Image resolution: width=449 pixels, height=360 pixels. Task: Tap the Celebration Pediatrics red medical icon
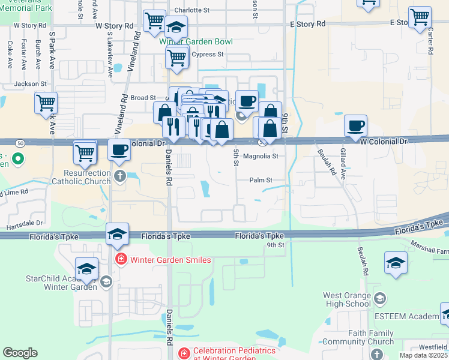pyautogui.click(x=183, y=351)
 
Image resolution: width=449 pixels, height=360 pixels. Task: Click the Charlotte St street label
pyautogui.click(x=191, y=10)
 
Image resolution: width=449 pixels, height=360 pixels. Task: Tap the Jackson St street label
pyautogui.click(x=30, y=84)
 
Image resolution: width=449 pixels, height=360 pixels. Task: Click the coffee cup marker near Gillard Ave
pyautogui.click(x=356, y=125)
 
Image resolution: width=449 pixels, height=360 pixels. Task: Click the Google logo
pyautogui.click(x=20, y=353)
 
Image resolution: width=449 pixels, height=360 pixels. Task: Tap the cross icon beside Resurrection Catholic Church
pyautogui.click(x=119, y=176)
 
